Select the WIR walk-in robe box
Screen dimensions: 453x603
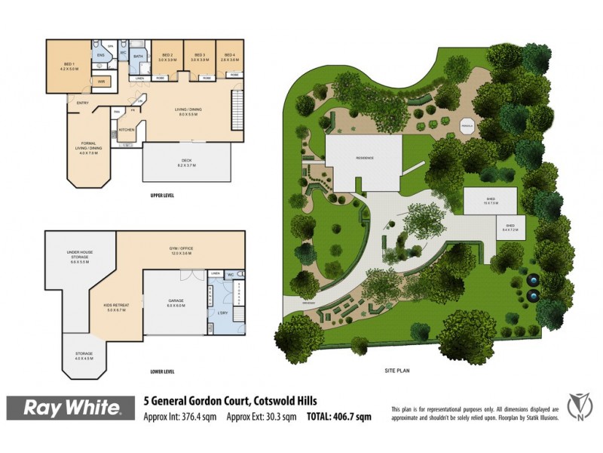click(x=101, y=80)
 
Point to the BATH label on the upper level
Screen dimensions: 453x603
click(x=138, y=56)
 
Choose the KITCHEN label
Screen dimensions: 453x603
click(x=127, y=130)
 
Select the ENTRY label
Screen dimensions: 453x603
click(x=82, y=103)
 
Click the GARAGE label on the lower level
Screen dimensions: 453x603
click(x=176, y=300)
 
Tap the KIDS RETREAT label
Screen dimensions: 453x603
click(x=117, y=305)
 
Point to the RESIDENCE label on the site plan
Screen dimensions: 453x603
click(x=366, y=157)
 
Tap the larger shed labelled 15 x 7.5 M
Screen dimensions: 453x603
click(x=491, y=201)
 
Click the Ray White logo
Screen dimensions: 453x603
click(x=73, y=408)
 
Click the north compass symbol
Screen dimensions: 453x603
click(x=577, y=408)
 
